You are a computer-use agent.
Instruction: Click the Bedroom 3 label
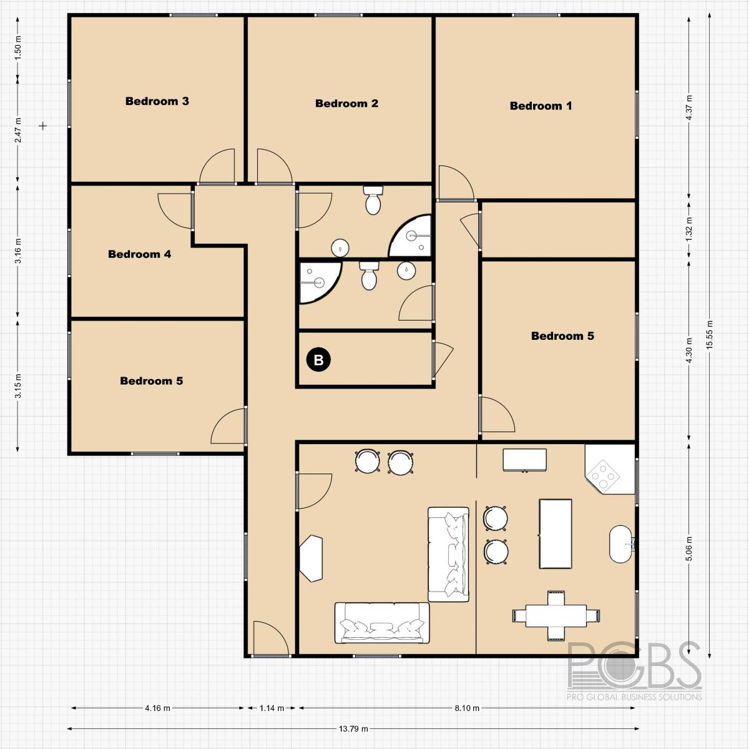[157, 101]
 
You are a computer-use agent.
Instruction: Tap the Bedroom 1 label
[541, 106]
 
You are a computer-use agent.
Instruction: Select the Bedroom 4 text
[139, 254]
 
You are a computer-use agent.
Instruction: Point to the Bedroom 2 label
[346, 104]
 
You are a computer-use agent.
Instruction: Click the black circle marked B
[318, 360]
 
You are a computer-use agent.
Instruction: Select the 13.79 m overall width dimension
[353, 728]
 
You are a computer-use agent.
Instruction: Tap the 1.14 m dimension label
[272, 708]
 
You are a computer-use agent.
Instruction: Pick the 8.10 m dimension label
[467, 708]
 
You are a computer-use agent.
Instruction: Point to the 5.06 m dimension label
[689, 549]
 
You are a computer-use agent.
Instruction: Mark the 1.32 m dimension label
[689, 229]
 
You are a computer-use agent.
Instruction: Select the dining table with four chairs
[556, 616]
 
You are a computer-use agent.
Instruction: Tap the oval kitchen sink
[621, 545]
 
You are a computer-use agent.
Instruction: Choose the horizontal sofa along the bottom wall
[382, 623]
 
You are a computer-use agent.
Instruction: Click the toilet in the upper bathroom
[373, 200]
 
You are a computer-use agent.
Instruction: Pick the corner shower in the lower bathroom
[317, 281]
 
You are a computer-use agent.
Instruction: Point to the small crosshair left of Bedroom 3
[43, 126]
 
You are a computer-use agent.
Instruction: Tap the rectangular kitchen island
[555, 533]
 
